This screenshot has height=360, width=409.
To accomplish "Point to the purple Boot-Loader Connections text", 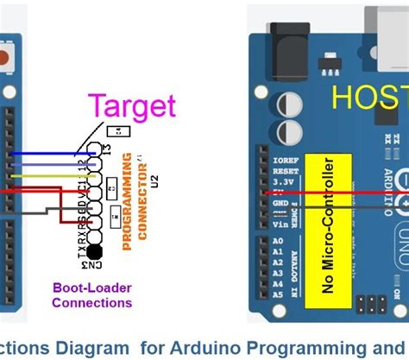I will pyautogui.click(x=92, y=295).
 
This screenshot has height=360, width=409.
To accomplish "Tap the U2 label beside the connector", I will pyautogui.click(x=156, y=180).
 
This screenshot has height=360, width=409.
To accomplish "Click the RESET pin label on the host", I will pyautogui.click(x=284, y=171).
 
